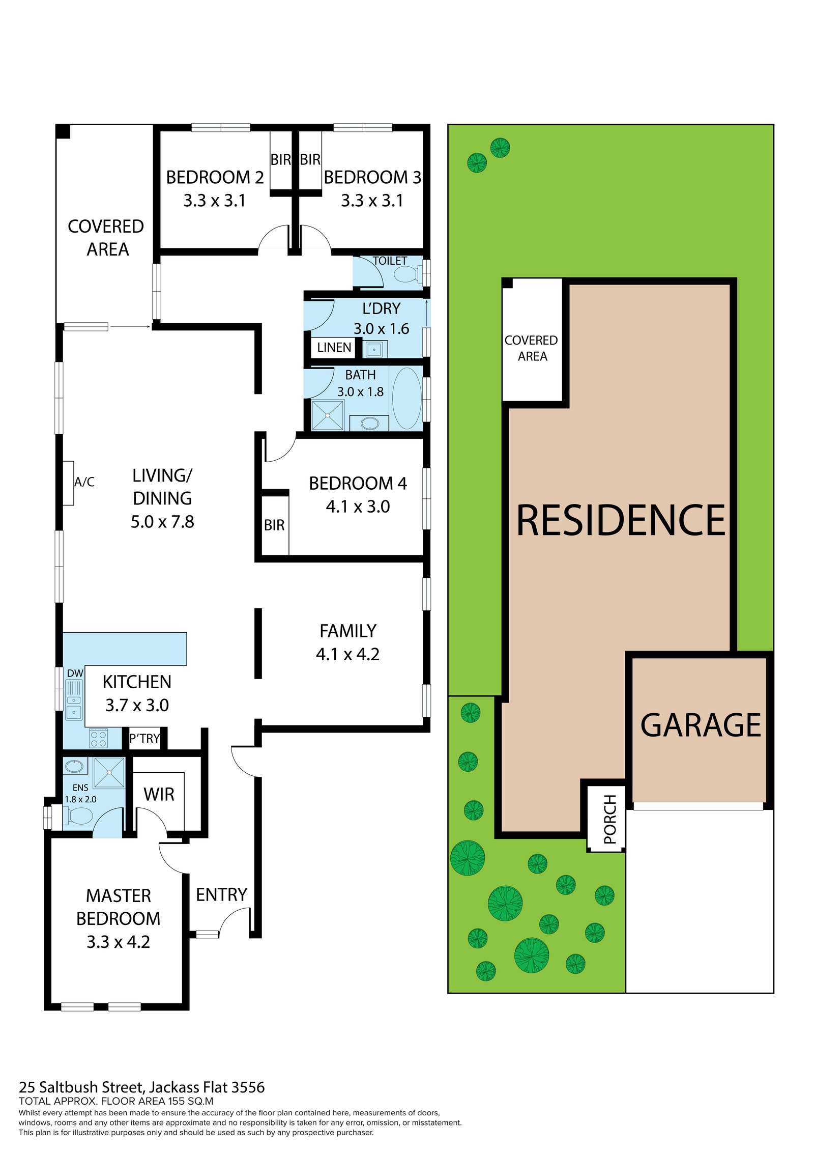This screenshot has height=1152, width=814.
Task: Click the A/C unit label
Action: tap(84, 482)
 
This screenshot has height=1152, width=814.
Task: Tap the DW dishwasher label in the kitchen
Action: tap(75, 673)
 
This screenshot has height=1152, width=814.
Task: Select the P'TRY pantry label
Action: tap(144, 738)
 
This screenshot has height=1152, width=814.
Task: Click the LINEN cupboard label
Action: tap(334, 348)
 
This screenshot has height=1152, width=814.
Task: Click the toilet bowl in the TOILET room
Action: tap(405, 274)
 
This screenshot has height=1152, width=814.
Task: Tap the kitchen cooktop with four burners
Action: tap(98, 738)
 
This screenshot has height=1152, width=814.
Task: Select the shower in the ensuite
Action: tap(109, 773)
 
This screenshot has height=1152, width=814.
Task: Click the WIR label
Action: tap(159, 795)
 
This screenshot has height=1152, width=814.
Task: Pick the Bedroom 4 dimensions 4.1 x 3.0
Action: tap(358, 507)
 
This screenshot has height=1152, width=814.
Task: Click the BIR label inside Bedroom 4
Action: tap(274, 525)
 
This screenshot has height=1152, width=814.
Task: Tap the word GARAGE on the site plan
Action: tap(700, 725)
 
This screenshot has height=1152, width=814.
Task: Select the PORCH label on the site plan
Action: tap(609, 819)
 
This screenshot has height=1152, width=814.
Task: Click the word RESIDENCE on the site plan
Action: tap(621, 520)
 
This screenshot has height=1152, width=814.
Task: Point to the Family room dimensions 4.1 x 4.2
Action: tap(347, 654)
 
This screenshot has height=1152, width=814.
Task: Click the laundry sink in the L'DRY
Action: tap(374, 349)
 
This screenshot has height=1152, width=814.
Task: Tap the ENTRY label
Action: tap(221, 895)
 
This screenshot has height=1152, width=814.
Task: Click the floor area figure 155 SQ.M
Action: tap(185, 1101)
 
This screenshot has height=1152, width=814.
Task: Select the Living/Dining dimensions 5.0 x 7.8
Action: tap(162, 522)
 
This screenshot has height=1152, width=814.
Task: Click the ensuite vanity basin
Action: tap(75, 765)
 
